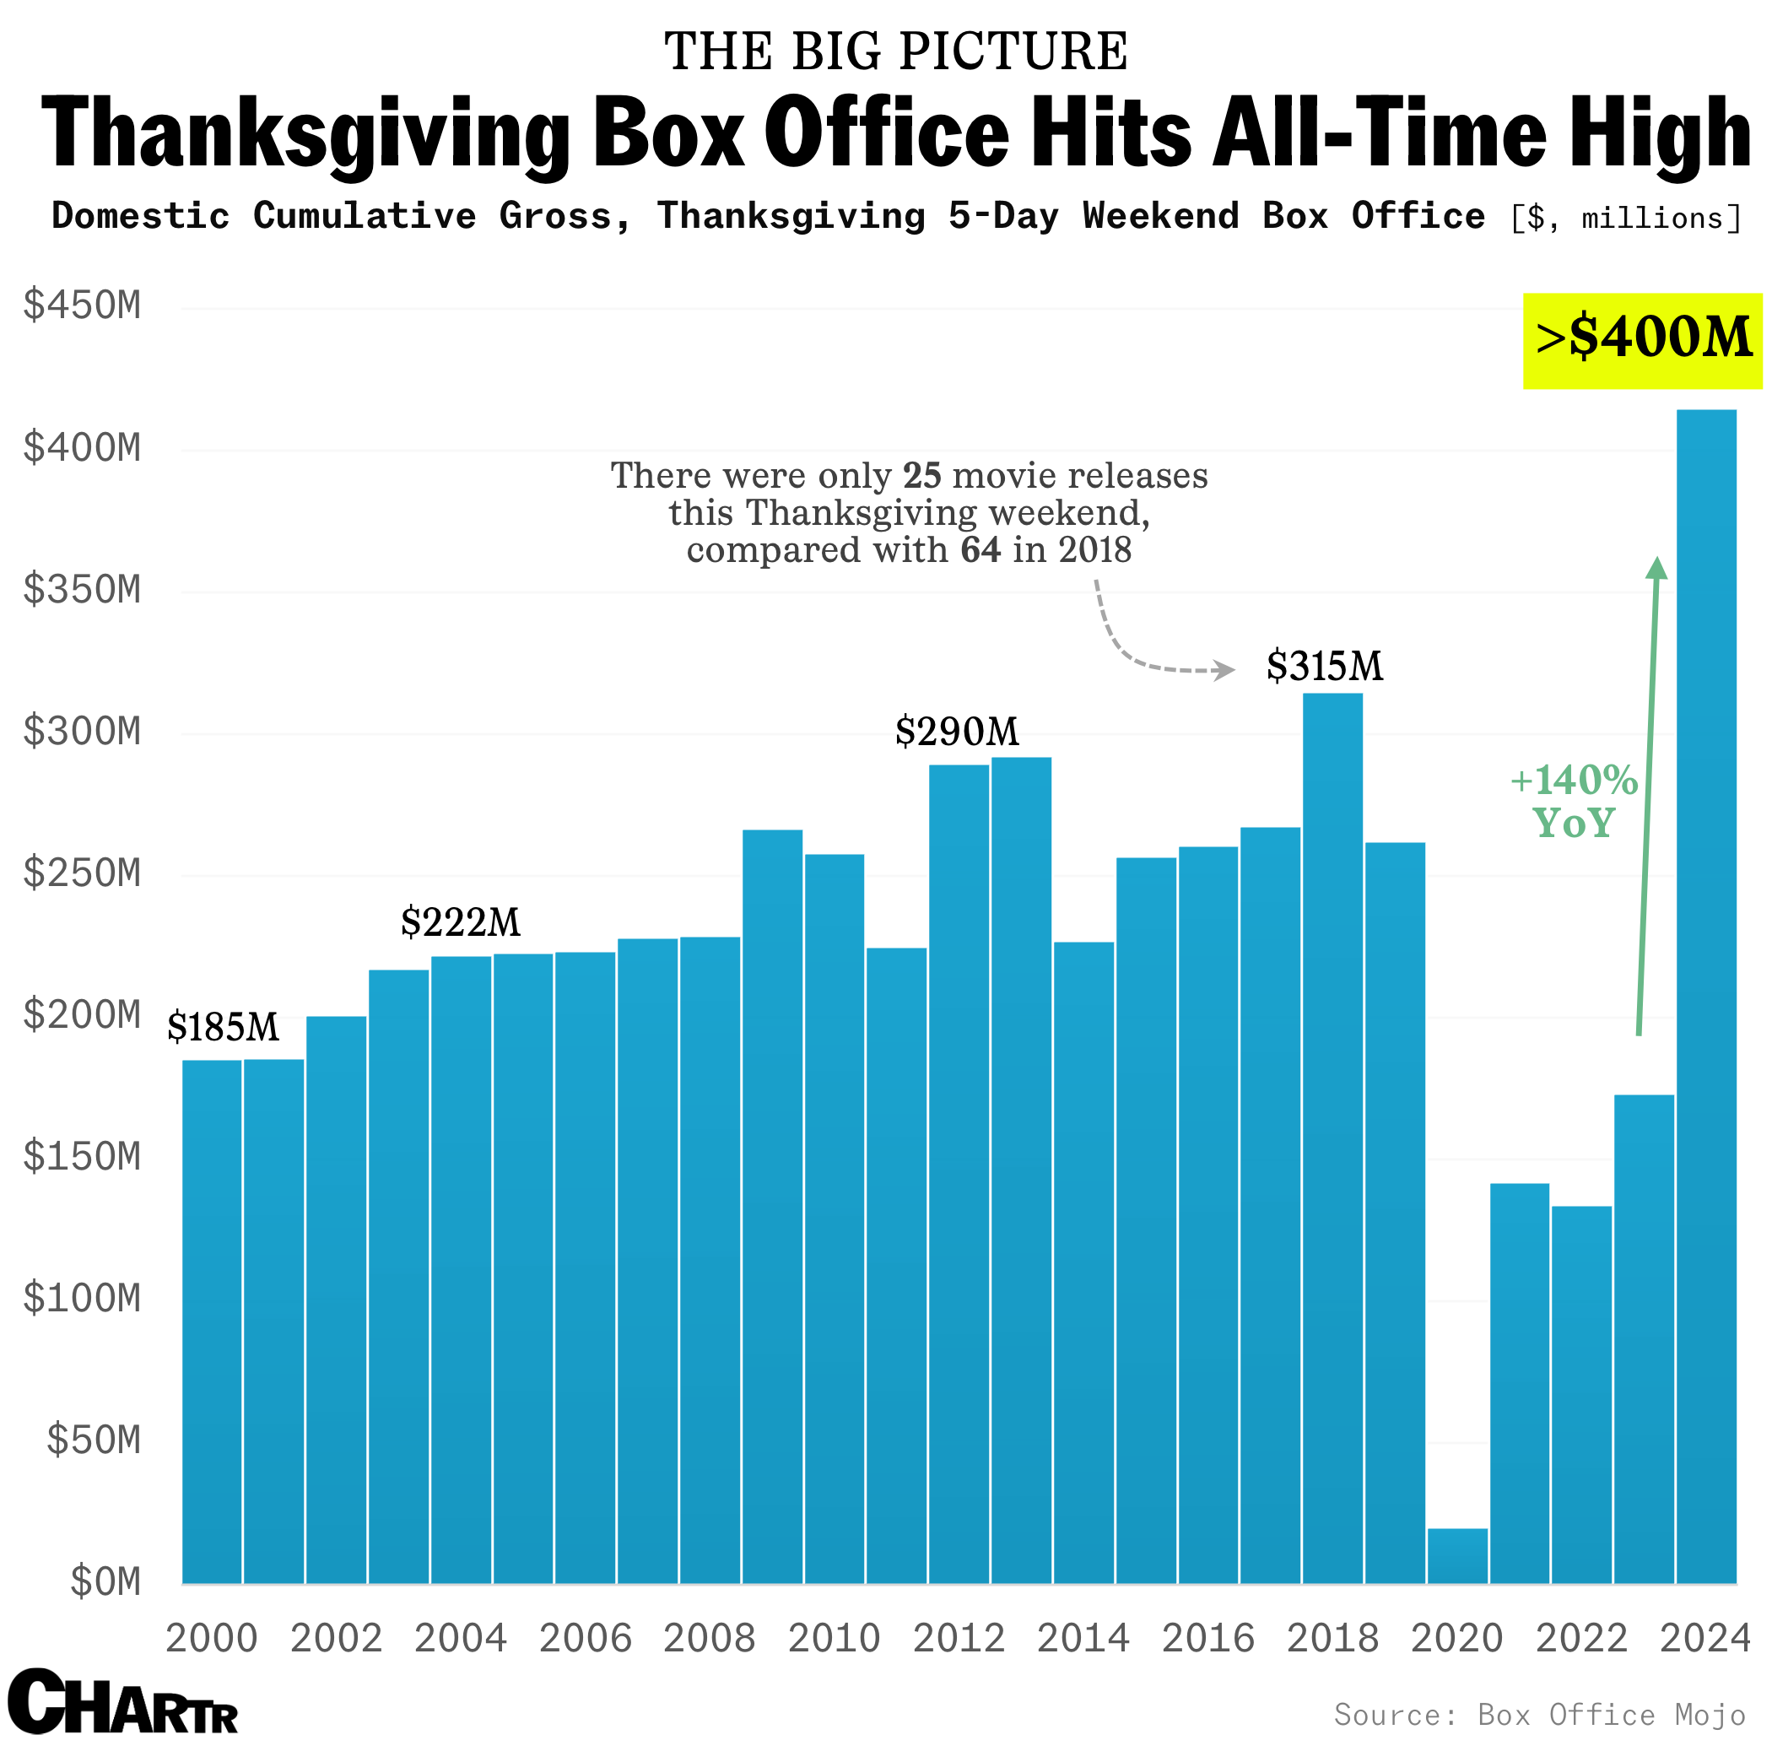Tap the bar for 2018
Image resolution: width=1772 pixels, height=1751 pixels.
pyautogui.click(x=1332, y=1138)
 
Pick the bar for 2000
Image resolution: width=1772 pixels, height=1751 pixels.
pyautogui.click(x=212, y=1321)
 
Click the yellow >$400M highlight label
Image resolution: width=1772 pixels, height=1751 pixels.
pyautogui.click(x=1643, y=340)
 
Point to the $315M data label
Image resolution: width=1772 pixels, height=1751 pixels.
pyautogui.click(x=1325, y=666)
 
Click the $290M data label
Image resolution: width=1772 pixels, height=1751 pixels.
pyautogui.click(x=957, y=732)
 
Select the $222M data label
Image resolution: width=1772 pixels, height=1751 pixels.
pyautogui.click(x=461, y=921)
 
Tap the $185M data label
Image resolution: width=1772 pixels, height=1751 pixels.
pyautogui.click(x=223, y=1027)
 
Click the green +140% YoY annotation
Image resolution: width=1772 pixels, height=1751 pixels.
pyautogui.click(x=1574, y=802)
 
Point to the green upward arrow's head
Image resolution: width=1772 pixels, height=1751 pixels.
pyautogui.click(x=1656, y=568)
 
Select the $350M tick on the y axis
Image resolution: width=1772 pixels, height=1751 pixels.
pyautogui.click(x=83, y=590)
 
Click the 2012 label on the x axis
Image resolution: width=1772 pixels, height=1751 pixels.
pyautogui.click(x=959, y=1638)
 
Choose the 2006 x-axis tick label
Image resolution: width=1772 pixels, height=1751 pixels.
pyautogui.click(x=585, y=1638)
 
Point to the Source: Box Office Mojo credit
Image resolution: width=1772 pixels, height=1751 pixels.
pyautogui.click(x=1540, y=1715)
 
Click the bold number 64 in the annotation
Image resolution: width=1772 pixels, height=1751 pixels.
pyautogui.click(x=981, y=550)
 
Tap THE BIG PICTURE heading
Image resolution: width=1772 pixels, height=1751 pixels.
pyautogui.click(x=896, y=51)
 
